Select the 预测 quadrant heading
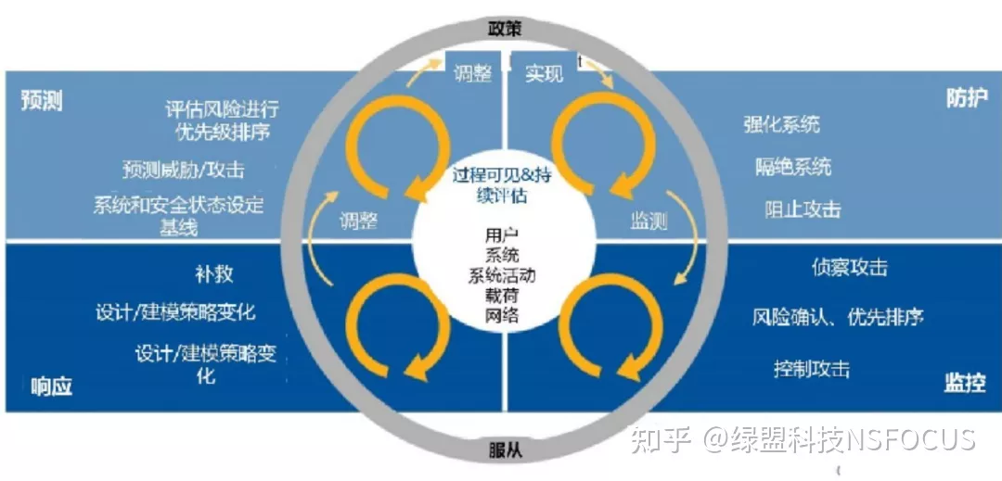pos(42,102)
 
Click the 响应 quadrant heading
pos(51,386)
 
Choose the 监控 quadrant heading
pos(964,384)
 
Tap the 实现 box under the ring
pos(545,73)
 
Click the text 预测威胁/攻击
pos(184,170)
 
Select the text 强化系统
pos(781,124)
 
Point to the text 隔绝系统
pos(793,167)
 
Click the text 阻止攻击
pos(803,209)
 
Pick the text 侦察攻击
pos(849,267)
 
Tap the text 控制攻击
pos(812,369)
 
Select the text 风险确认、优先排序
pos(838,317)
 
